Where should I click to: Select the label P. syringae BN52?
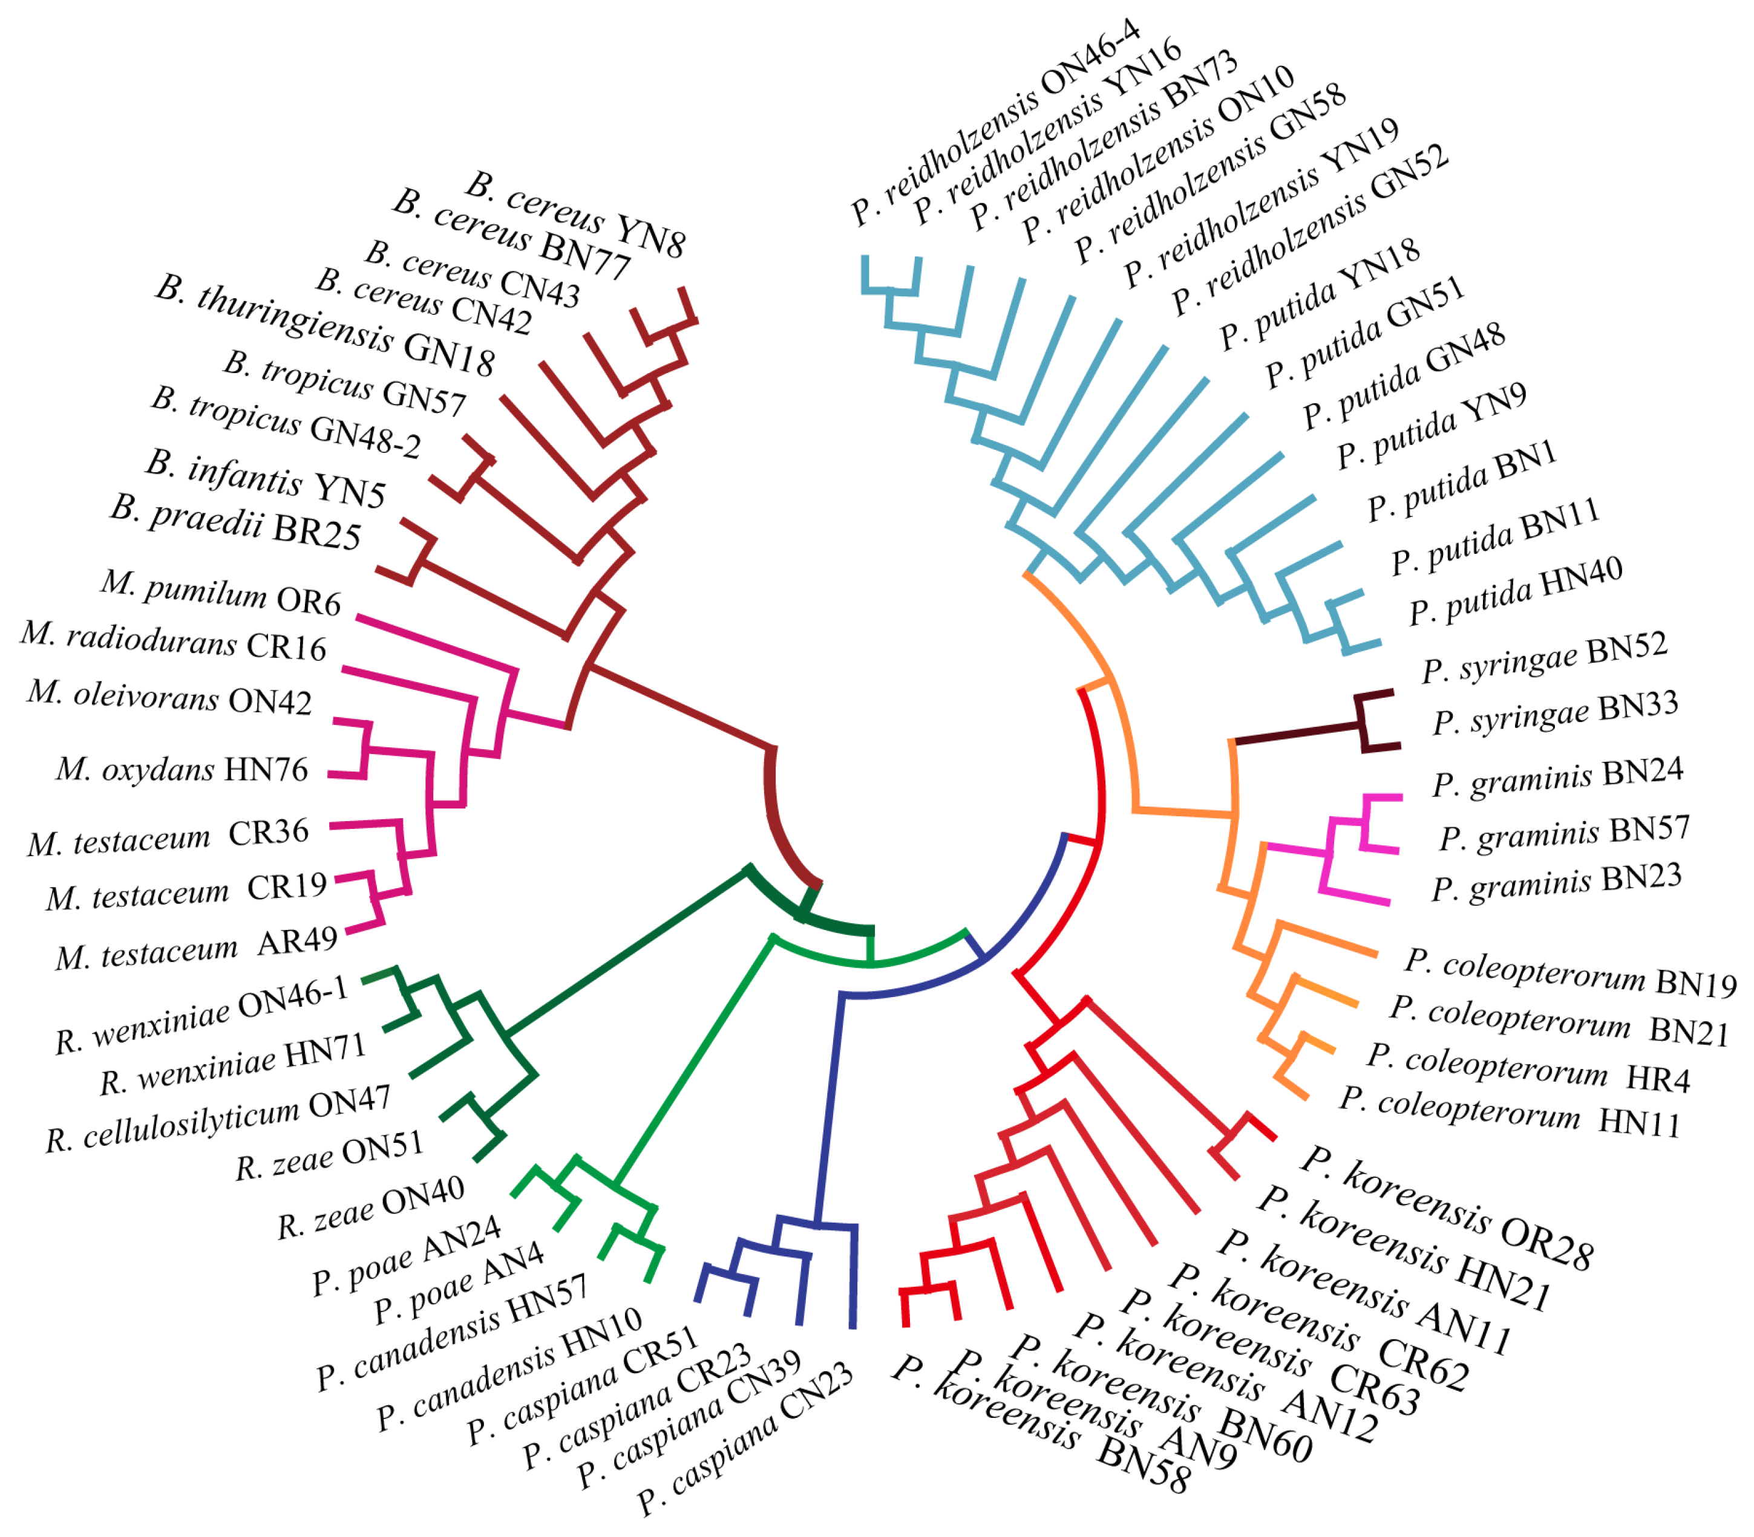[1545, 658]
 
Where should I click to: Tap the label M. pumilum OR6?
[221, 592]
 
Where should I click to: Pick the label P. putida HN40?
[1516, 591]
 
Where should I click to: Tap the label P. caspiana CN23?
[745, 1439]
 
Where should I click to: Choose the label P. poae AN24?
[406, 1256]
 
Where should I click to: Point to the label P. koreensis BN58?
[1041, 1426]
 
